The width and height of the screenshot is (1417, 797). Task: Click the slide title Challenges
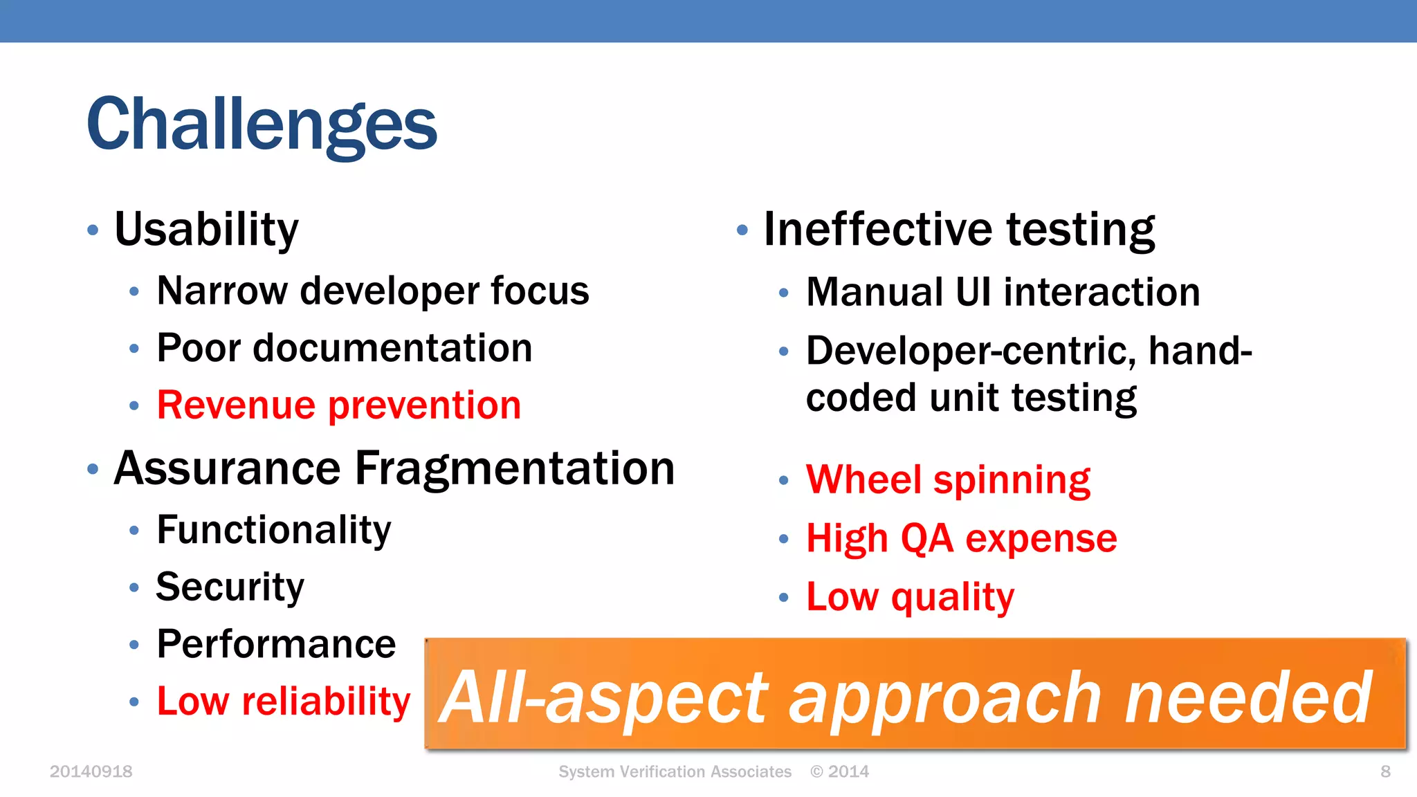click(262, 125)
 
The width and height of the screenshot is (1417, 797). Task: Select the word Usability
click(206, 229)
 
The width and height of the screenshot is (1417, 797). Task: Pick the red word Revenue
click(236, 405)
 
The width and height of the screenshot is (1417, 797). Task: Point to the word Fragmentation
click(514, 469)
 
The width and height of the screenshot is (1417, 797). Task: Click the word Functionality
click(273, 531)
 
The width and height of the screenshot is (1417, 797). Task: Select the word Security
click(230, 588)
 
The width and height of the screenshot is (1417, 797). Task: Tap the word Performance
click(276, 645)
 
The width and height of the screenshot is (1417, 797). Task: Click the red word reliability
click(325, 702)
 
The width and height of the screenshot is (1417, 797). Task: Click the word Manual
click(875, 292)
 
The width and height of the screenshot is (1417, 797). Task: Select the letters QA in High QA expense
click(927, 539)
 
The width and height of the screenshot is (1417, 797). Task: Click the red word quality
click(952, 597)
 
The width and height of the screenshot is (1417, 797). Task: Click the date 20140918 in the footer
click(91, 771)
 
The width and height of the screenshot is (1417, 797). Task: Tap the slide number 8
click(1385, 771)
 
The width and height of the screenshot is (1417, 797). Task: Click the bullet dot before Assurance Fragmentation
click(93, 470)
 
